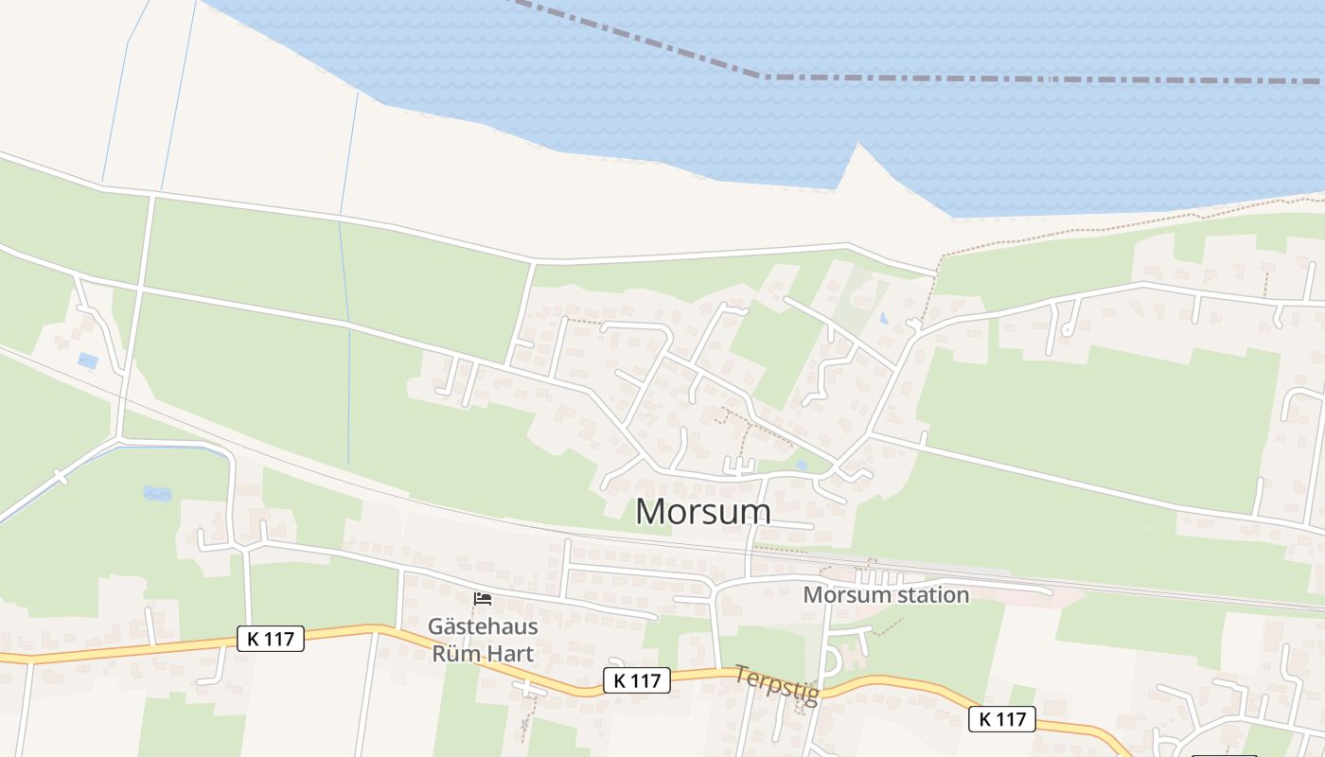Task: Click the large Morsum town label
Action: point(702,511)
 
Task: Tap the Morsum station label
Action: point(886,595)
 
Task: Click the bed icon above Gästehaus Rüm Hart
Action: point(483,599)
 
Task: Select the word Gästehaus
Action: point(483,626)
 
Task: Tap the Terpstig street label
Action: point(777,684)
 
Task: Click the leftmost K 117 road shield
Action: point(270,639)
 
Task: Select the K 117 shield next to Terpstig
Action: point(636,679)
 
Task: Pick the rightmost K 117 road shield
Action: point(1002,719)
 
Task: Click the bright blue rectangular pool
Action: point(88,360)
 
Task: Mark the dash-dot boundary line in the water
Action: point(1041,79)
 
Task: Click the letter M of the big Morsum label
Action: point(652,511)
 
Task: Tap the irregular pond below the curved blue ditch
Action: point(157,493)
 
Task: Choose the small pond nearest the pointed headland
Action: point(883,319)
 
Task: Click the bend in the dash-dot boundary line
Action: point(763,76)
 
